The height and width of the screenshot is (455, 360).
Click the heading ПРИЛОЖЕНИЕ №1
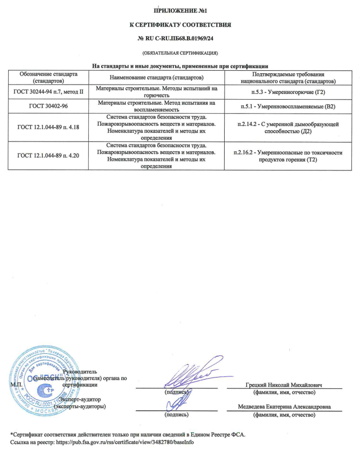click(x=180, y=10)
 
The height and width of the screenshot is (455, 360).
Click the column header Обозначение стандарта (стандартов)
click(x=48, y=78)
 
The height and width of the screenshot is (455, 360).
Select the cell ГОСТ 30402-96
click(x=48, y=106)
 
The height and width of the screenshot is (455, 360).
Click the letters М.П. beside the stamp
click(x=15, y=385)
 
